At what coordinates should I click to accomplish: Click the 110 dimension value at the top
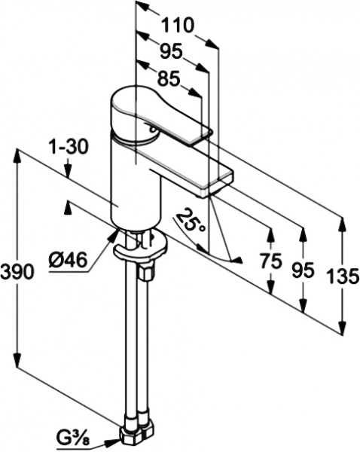pos(178,25)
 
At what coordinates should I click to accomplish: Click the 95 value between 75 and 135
pos(303,270)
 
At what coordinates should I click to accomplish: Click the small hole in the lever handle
pos(151,130)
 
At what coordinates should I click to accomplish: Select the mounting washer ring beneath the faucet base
pos(139,246)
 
